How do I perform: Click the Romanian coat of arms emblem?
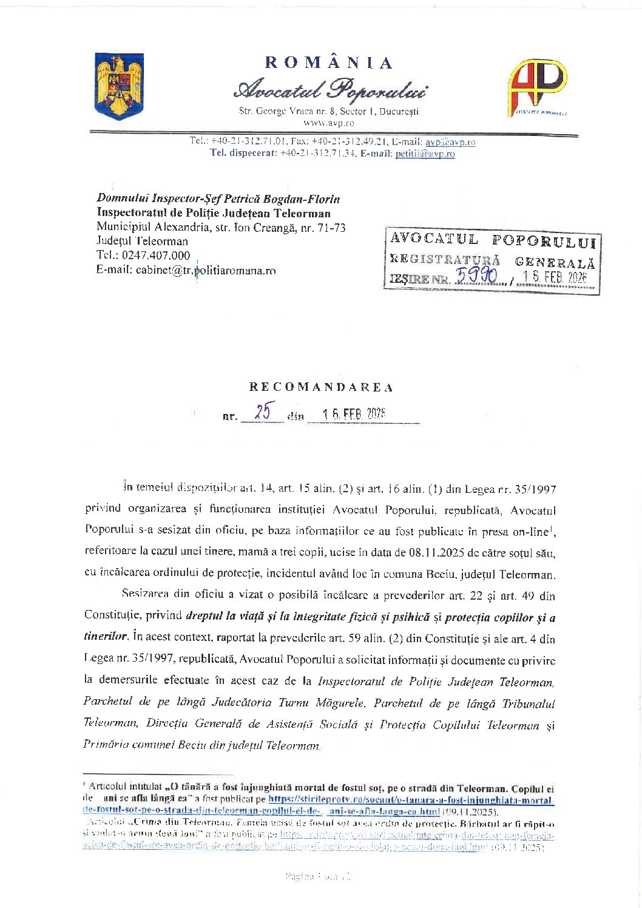[x=119, y=86]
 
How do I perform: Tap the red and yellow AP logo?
[x=536, y=87]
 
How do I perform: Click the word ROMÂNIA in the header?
[x=329, y=63]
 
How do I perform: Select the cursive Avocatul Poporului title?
[x=329, y=90]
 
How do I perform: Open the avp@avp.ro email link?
[x=450, y=141]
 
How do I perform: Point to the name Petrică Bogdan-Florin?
[x=282, y=198]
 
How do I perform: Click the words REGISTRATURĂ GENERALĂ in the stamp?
[x=492, y=260]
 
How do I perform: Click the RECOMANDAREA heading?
[x=321, y=387]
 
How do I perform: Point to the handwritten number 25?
[x=263, y=412]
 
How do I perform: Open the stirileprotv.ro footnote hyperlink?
[x=410, y=800]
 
